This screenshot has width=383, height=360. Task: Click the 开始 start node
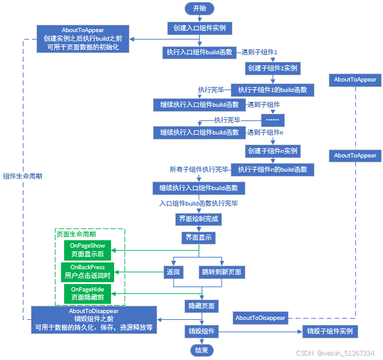(x=199, y=8)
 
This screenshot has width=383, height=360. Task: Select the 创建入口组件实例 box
(x=199, y=28)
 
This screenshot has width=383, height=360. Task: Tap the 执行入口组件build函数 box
(x=199, y=52)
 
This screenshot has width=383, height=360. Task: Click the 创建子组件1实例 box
(x=272, y=67)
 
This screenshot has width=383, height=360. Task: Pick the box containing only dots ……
(x=272, y=120)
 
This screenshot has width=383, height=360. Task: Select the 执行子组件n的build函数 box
(x=272, y=169)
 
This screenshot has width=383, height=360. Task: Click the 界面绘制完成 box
(x=199, y=219)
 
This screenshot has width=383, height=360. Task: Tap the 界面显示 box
(x=199, y=237)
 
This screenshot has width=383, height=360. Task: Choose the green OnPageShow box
(x=88, y=250)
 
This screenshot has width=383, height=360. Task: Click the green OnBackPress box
(x=88, y=271)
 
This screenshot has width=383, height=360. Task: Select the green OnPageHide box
(x=88, y=293)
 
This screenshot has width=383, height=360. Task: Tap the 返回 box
(x=173, y=272)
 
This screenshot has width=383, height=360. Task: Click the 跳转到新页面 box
(x=221, y=272)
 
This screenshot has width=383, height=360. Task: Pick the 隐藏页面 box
(x=201, y=306)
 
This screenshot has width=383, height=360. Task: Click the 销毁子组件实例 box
(x=330, y=332)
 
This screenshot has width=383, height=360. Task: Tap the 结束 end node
(x=201, y=350)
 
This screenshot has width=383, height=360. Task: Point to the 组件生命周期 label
(x=22, y=175)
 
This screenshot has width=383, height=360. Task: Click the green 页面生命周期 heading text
(x=76, y=234)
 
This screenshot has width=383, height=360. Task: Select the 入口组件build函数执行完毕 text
(x=199, y=203)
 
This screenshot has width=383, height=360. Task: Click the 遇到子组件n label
(x=265, y=132)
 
